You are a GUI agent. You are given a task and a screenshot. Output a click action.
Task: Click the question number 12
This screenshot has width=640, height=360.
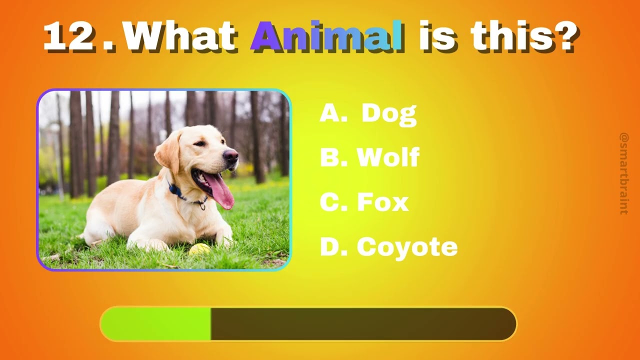tap(69, 37)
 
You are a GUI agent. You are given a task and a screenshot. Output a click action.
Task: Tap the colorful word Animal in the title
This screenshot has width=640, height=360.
tap(327, 37)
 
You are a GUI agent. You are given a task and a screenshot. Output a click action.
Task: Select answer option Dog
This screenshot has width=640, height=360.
tap(388, 114)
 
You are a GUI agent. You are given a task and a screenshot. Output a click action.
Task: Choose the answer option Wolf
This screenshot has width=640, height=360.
tap(388, 157)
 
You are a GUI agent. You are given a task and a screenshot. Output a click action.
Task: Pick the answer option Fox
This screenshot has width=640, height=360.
tap(382, 202)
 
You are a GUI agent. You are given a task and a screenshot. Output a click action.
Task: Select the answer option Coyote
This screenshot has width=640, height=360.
tap(407, 247)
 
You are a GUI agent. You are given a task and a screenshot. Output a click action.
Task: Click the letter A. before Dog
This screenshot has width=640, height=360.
tap(333, 114)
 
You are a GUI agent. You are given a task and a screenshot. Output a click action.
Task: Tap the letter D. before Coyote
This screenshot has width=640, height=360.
tap(334, 247)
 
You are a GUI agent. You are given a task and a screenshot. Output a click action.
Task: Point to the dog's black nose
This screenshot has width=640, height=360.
tap(231, 155)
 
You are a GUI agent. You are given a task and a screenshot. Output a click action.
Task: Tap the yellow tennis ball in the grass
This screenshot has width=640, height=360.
tap(199, 248)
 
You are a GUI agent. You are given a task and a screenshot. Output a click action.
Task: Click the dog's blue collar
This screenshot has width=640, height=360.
tap(176, 191)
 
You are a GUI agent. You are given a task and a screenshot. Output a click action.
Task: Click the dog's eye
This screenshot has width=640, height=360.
tap(200, 144)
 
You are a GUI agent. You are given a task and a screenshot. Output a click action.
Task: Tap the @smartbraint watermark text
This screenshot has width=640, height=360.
tap(624, 173)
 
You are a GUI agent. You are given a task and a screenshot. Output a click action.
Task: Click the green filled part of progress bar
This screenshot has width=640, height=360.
tap(156, 324)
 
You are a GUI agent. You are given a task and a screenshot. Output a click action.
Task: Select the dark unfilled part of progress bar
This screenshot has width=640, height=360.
tap(362, 324)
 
